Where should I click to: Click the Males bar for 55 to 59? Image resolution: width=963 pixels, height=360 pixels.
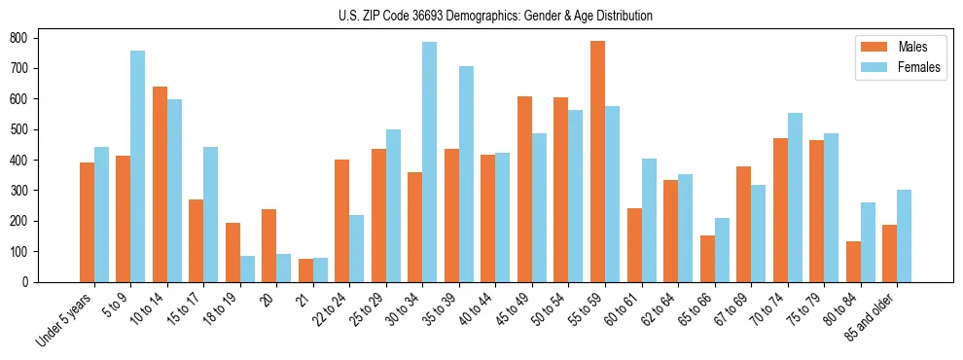pos(597,162)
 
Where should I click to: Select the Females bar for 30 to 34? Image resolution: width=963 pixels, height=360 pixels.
pos(429,162)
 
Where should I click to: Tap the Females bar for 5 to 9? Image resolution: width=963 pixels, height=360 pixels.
pos(137,166)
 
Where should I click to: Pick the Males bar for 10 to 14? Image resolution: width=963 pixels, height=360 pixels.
pos(160,184)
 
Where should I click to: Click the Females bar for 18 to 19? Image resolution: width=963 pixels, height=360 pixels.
pos(247,269)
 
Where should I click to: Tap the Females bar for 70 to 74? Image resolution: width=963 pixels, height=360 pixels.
pos(795,198)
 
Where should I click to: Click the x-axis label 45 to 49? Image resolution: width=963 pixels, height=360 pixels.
pos(511,312)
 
